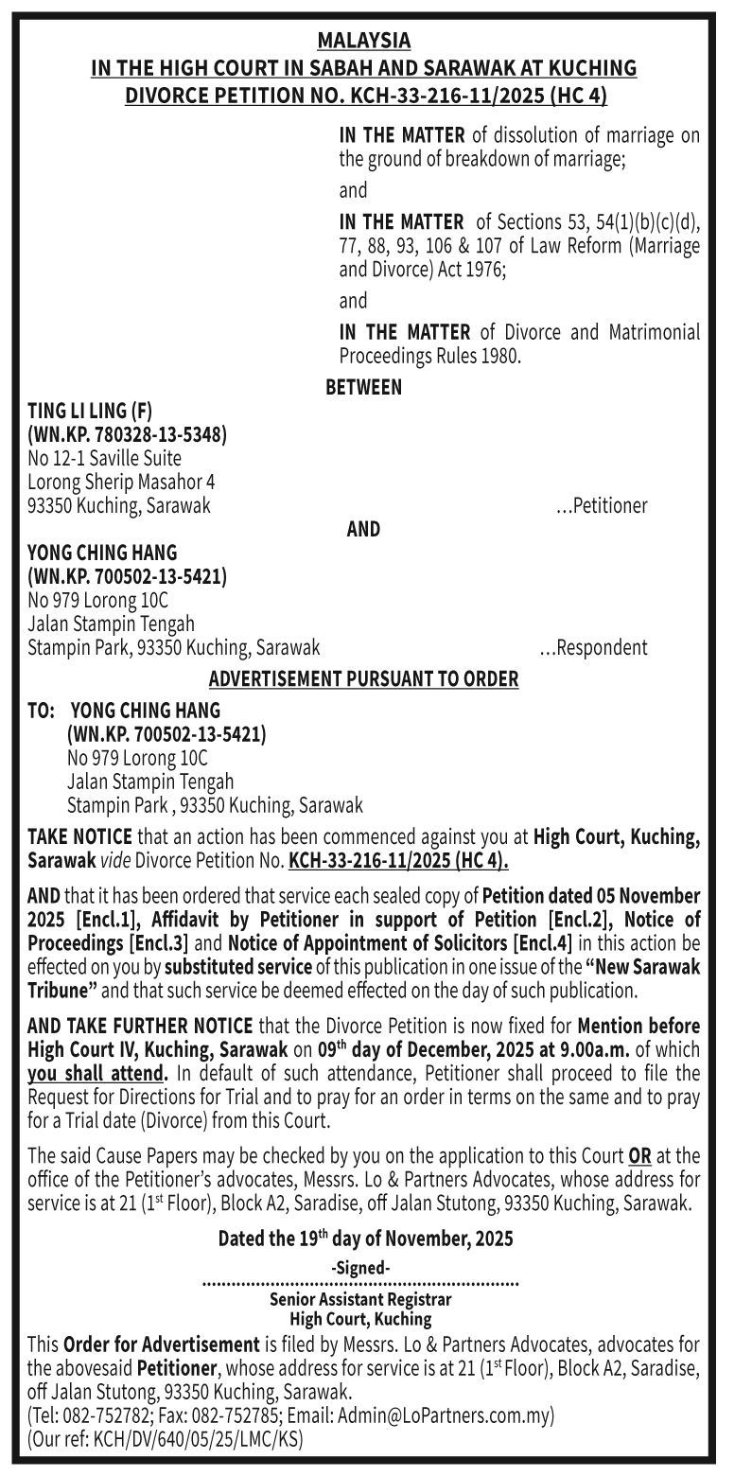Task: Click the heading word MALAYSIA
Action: coord(363,41)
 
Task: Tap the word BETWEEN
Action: coord(363,387)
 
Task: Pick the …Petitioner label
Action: coord(602,505)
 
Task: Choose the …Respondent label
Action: coord(593,648)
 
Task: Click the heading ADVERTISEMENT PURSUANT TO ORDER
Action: coord(363,679)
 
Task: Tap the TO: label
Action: coord(42,711)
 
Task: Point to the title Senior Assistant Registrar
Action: coord(360,1299)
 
